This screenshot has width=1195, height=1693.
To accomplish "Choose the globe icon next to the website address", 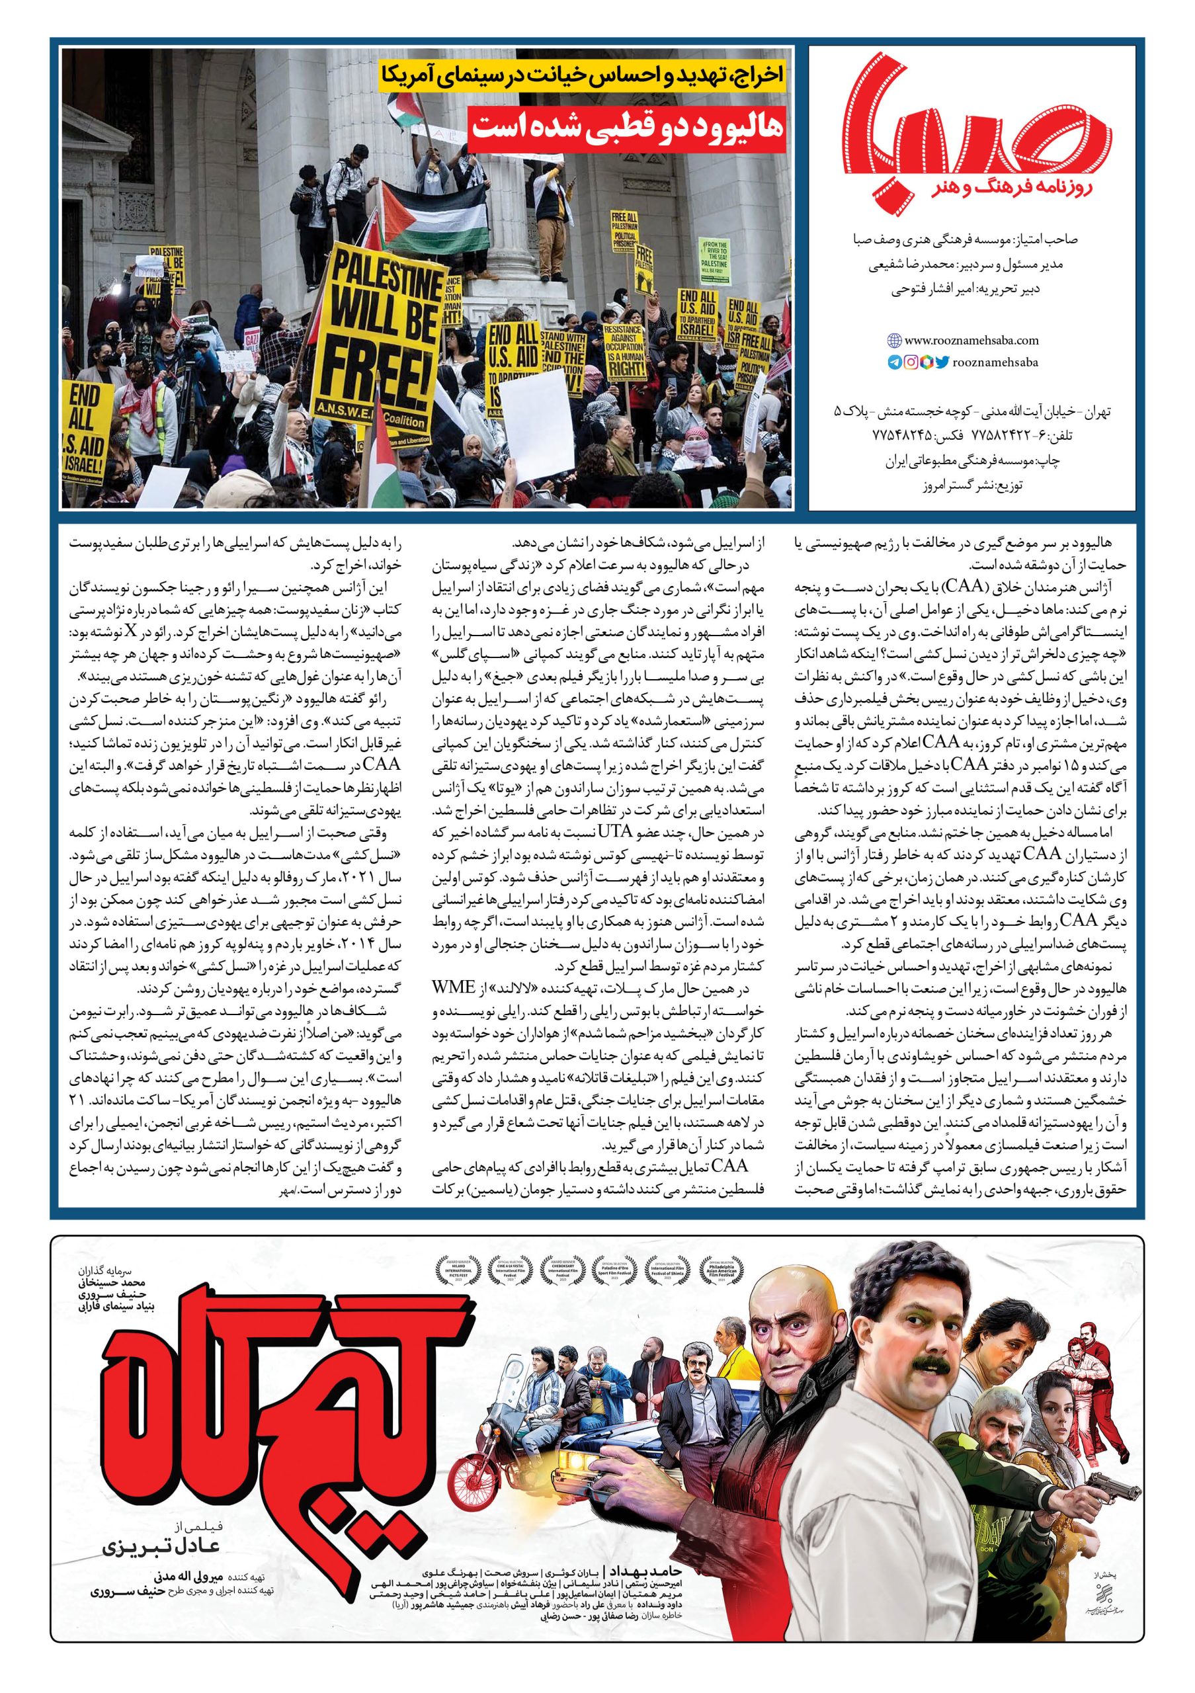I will (894, 341).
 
